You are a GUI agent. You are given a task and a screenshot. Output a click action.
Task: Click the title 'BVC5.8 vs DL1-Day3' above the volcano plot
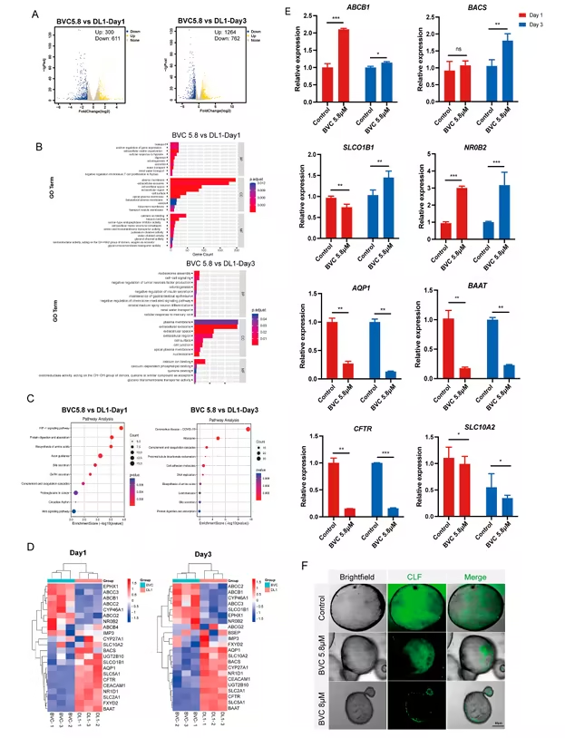pos(207,18)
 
